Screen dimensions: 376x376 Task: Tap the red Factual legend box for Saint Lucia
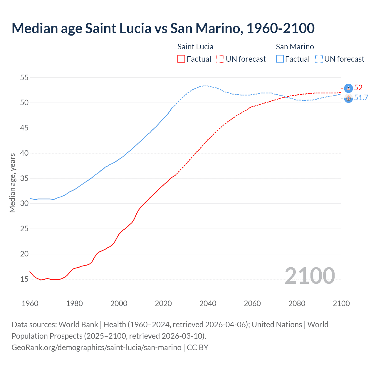click(x=181, y=59)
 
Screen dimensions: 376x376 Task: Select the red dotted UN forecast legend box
click(x=220, y=59)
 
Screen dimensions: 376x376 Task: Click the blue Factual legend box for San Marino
click(x=280, y=59)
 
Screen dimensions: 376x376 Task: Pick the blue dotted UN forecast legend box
click(x=319, y=59)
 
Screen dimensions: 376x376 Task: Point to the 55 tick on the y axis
click(x=24, y=78)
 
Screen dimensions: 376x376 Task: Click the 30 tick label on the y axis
click(x=24, y=204)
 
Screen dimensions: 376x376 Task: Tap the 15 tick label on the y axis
click(x=24, y=279)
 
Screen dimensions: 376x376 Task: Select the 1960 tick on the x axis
click(x=30, y=303)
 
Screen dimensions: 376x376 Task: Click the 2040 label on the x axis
click(x=208, y=303)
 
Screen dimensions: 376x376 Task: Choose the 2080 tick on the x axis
click(x=297, y=303)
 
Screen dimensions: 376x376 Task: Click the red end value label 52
click(x=358, y=88)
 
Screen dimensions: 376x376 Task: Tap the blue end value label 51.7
click(x=361, y=98)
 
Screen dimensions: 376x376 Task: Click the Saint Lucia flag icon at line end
click(x=348, y=88)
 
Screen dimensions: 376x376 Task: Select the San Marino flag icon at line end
click(x=348, y=98)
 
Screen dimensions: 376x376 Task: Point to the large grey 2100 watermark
click(x=310, y=276)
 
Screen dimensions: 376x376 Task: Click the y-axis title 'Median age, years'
click(x=12, y=183)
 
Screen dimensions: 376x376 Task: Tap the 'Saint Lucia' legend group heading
click(x=195, y=47)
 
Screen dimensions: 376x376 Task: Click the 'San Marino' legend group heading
click(x=295, y=47)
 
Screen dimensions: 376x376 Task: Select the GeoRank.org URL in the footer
click(x=96, y=348)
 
